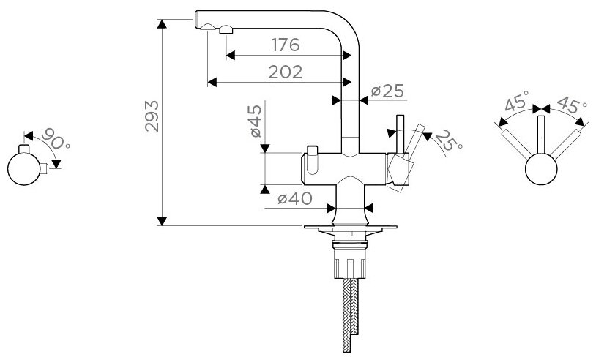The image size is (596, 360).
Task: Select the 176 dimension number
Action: coord(285,45)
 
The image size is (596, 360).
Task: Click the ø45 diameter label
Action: coord(255,121)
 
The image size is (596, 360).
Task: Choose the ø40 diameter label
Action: coord(295,198)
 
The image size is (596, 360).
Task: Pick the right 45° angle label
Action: coord(571,105)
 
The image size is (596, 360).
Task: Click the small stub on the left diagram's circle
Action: coord(47,168)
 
